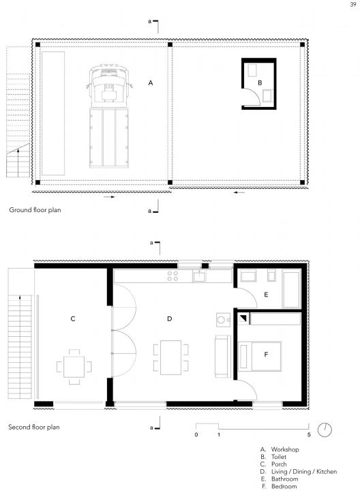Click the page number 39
coord(352,4)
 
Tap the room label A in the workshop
coord(151,83)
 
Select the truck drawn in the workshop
coord(109,116)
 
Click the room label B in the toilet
coord(260,83)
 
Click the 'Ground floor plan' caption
coord(35,210)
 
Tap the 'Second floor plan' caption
coord(34,427)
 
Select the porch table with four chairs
coord(74,367)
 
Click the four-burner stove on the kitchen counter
coord(172,276)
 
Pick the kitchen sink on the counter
coord(199,276)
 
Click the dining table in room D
coord(170,357)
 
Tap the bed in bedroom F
coord(260,357)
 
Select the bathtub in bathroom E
coord(292,290)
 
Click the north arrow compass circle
coord(325,430)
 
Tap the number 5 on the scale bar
coord(309,434)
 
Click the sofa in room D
coord(223,356)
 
